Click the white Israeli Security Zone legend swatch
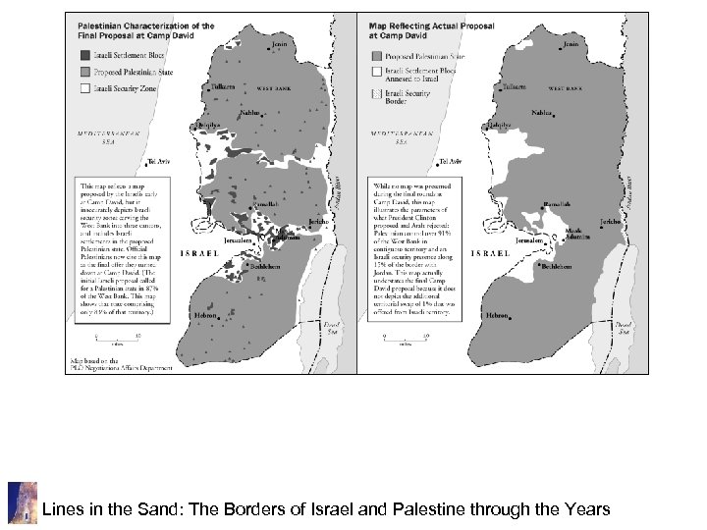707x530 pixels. pyautogui.click(x=85, y=88)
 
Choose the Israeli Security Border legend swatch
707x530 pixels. pyautogui.click(x=376, y=89)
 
